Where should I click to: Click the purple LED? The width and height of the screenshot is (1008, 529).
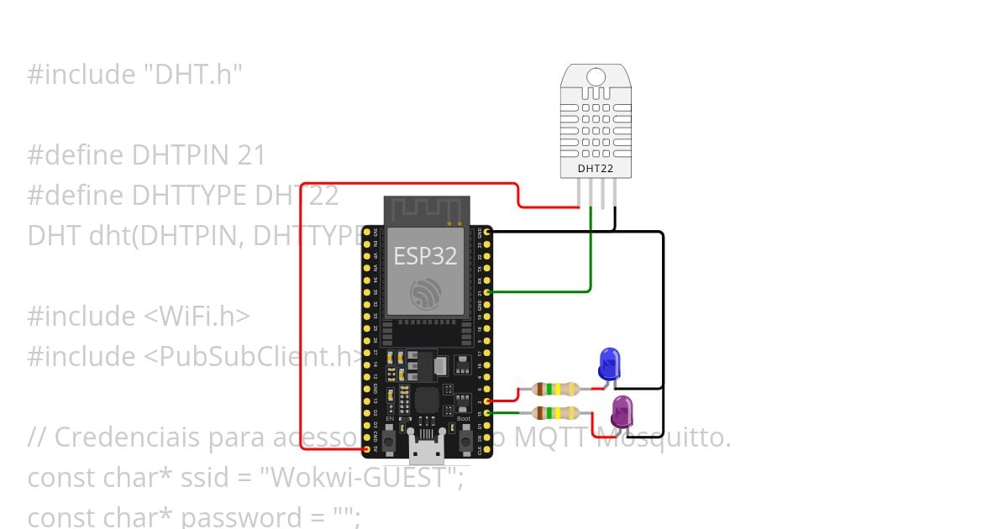[x=622, y=411]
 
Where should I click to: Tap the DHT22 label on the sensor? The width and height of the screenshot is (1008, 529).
[x=595, y=169]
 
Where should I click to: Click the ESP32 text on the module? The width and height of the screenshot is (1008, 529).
[x=425, y=256]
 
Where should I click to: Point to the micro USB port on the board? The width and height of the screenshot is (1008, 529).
[x=428, y=445]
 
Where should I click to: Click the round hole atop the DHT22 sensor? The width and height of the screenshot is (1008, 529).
[x=596, y=77]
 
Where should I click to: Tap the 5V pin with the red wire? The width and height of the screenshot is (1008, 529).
[x=367, y=449]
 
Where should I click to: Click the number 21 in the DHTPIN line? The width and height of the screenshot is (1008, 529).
[x=251, y=155]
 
